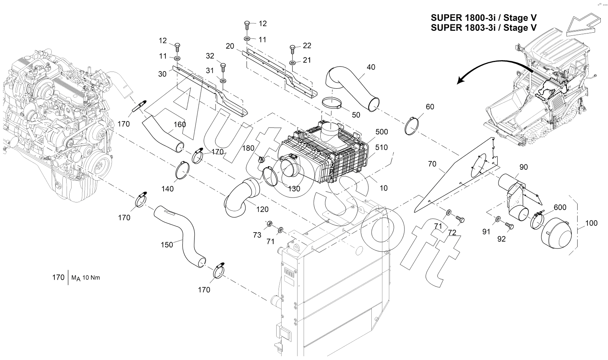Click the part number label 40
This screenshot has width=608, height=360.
click(x=371, y=67)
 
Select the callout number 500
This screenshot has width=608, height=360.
click(x=381, y=132)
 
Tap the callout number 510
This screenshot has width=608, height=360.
click(x=381, y=147)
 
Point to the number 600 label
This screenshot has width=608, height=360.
click(x=560, y=207)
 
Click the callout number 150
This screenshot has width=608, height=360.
click(x=167, y=245)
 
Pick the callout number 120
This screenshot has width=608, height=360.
click(x=262, y=209)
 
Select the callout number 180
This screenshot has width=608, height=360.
click(x=248, y=148)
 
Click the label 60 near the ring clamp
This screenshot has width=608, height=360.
click(x=430, y=107)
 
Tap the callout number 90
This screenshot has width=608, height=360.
click(x=524, y=167)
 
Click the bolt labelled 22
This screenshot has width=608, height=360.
click(x=293, y=49)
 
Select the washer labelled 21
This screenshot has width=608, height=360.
click(x=292, y=62)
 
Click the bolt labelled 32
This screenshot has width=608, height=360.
click(x=223, y=67)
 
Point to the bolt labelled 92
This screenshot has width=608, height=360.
click(x=509, y=226)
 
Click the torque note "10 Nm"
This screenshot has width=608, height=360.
click(x=91, y=278)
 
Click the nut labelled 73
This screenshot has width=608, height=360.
click(x=269, y=223)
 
